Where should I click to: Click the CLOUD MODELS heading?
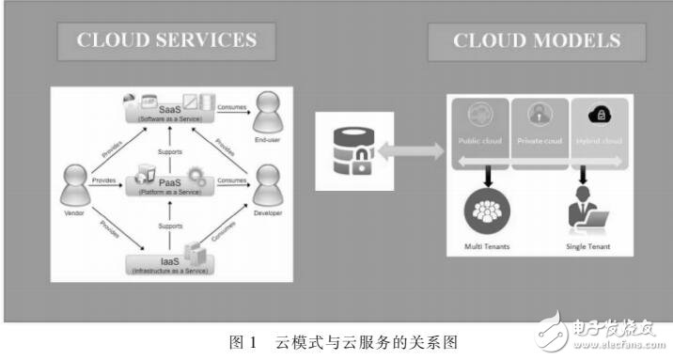[536, 40]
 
